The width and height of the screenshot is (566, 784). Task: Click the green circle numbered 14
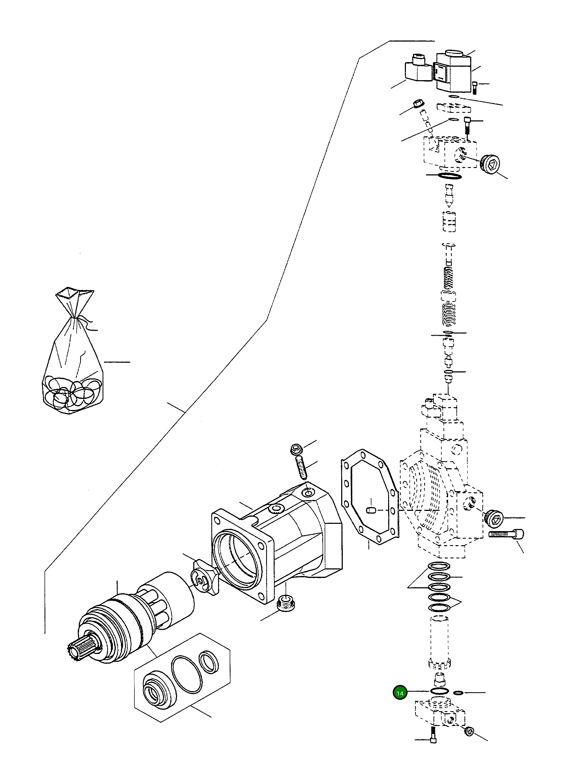point(400,693)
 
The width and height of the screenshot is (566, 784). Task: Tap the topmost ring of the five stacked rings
point(439,566)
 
